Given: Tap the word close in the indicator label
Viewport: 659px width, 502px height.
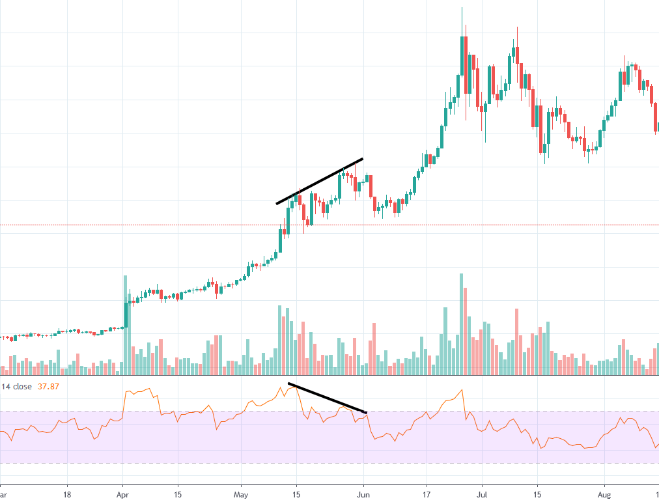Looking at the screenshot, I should coord(22,387).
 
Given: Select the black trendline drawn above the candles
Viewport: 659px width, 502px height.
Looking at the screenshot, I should coord(319,181).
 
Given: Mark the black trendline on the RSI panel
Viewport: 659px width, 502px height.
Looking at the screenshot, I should coord(327,398).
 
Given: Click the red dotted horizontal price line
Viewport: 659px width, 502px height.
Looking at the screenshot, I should coord(195,225).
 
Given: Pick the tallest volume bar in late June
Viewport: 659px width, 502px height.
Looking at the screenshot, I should coord(461,324).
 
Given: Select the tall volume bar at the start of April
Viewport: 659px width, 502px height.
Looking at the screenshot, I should coord(124,326).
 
